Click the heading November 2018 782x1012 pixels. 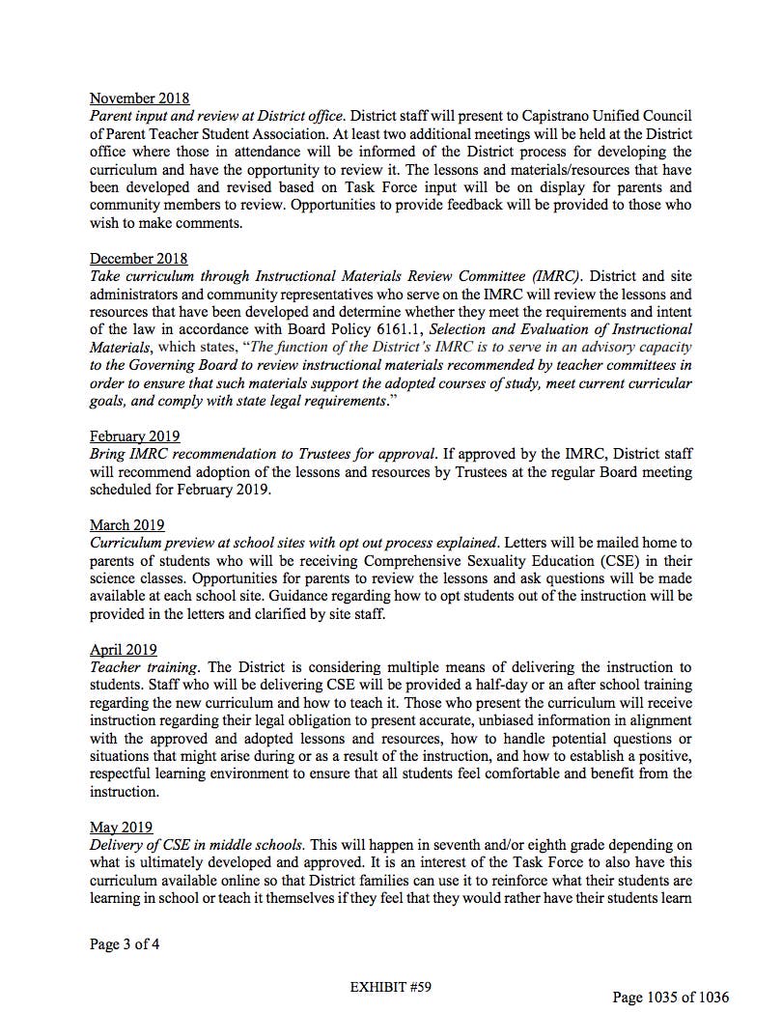(139, 98)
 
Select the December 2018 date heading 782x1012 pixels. (139, 259)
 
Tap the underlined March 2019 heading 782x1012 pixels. (127, 524)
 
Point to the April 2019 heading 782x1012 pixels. (124, 650)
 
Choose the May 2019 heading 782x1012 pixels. (122, 828)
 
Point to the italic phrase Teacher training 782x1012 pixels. (144, 667)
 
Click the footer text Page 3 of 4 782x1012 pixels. (125, 943)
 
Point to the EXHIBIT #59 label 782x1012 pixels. (389, 986)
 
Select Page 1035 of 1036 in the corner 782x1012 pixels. (671, 997)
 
